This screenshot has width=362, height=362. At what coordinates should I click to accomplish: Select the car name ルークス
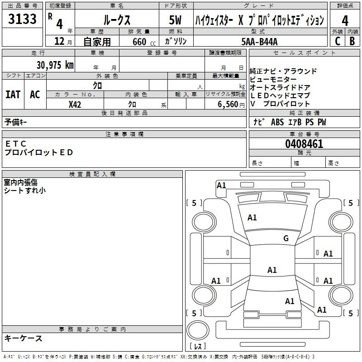(x=116, y=19)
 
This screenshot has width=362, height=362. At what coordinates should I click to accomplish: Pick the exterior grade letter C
(x=337, y=41)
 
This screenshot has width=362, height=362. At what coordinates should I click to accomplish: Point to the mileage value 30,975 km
(x=55, y=65)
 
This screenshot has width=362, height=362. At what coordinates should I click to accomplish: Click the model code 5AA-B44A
(x=260, y=41)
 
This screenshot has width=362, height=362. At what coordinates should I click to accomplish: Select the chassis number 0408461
(x=304, y=144)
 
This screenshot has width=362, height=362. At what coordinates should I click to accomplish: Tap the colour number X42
(x=75, y=105)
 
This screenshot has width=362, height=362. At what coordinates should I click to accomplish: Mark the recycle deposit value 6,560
(x=229, y=105)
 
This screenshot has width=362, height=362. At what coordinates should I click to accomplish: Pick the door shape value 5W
(x=175, y=20)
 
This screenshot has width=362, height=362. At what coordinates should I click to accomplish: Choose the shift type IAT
(x=13, y=95)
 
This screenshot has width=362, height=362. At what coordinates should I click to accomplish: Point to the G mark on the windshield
(x=286, y=238)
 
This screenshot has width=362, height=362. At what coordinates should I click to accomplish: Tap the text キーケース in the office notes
(x=24, y=338)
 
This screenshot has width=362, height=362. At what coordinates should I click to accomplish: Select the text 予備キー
(x=16, y=122)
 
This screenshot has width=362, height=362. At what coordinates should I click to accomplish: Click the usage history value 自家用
(x=97, y=42)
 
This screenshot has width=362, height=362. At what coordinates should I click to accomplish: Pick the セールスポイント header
(x=305, y=53)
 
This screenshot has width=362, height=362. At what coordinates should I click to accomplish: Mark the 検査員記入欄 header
(x=92, y=174)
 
